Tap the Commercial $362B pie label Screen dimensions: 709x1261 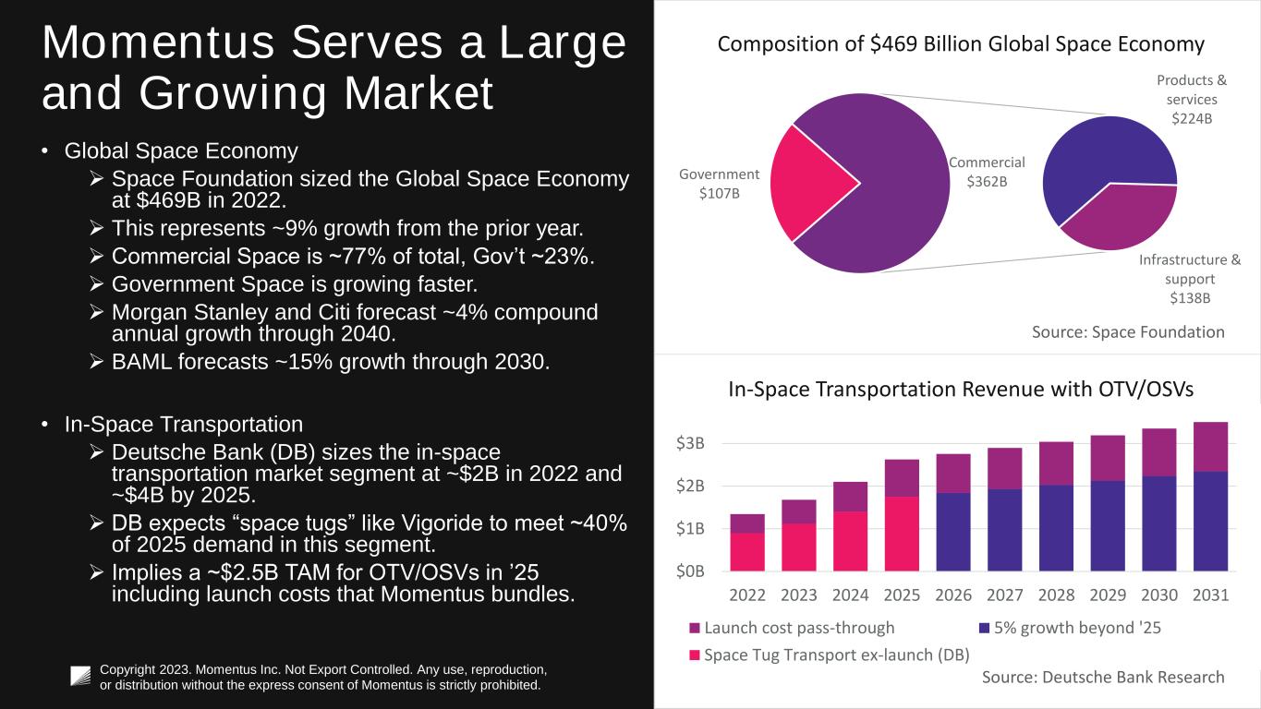click(x=987, y=172)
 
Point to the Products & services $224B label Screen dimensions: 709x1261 click(x=1192, y=100)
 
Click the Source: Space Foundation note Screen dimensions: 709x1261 click(x=1128, y=331)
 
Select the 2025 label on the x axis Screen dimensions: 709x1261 click(x=901, y=595)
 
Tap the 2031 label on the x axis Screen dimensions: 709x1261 click(x=1210, y=595)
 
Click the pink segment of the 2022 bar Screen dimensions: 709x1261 click(x=747, y=552)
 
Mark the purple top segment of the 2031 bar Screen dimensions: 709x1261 click(x=1210, y=447)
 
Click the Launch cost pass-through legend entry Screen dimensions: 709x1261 click(x=792, y=628)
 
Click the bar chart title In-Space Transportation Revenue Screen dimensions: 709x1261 click(x=961, y=390)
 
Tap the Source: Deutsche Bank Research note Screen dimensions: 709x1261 click(x=1103, y=677)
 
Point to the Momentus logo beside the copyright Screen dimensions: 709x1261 click(x=81, y=677)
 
